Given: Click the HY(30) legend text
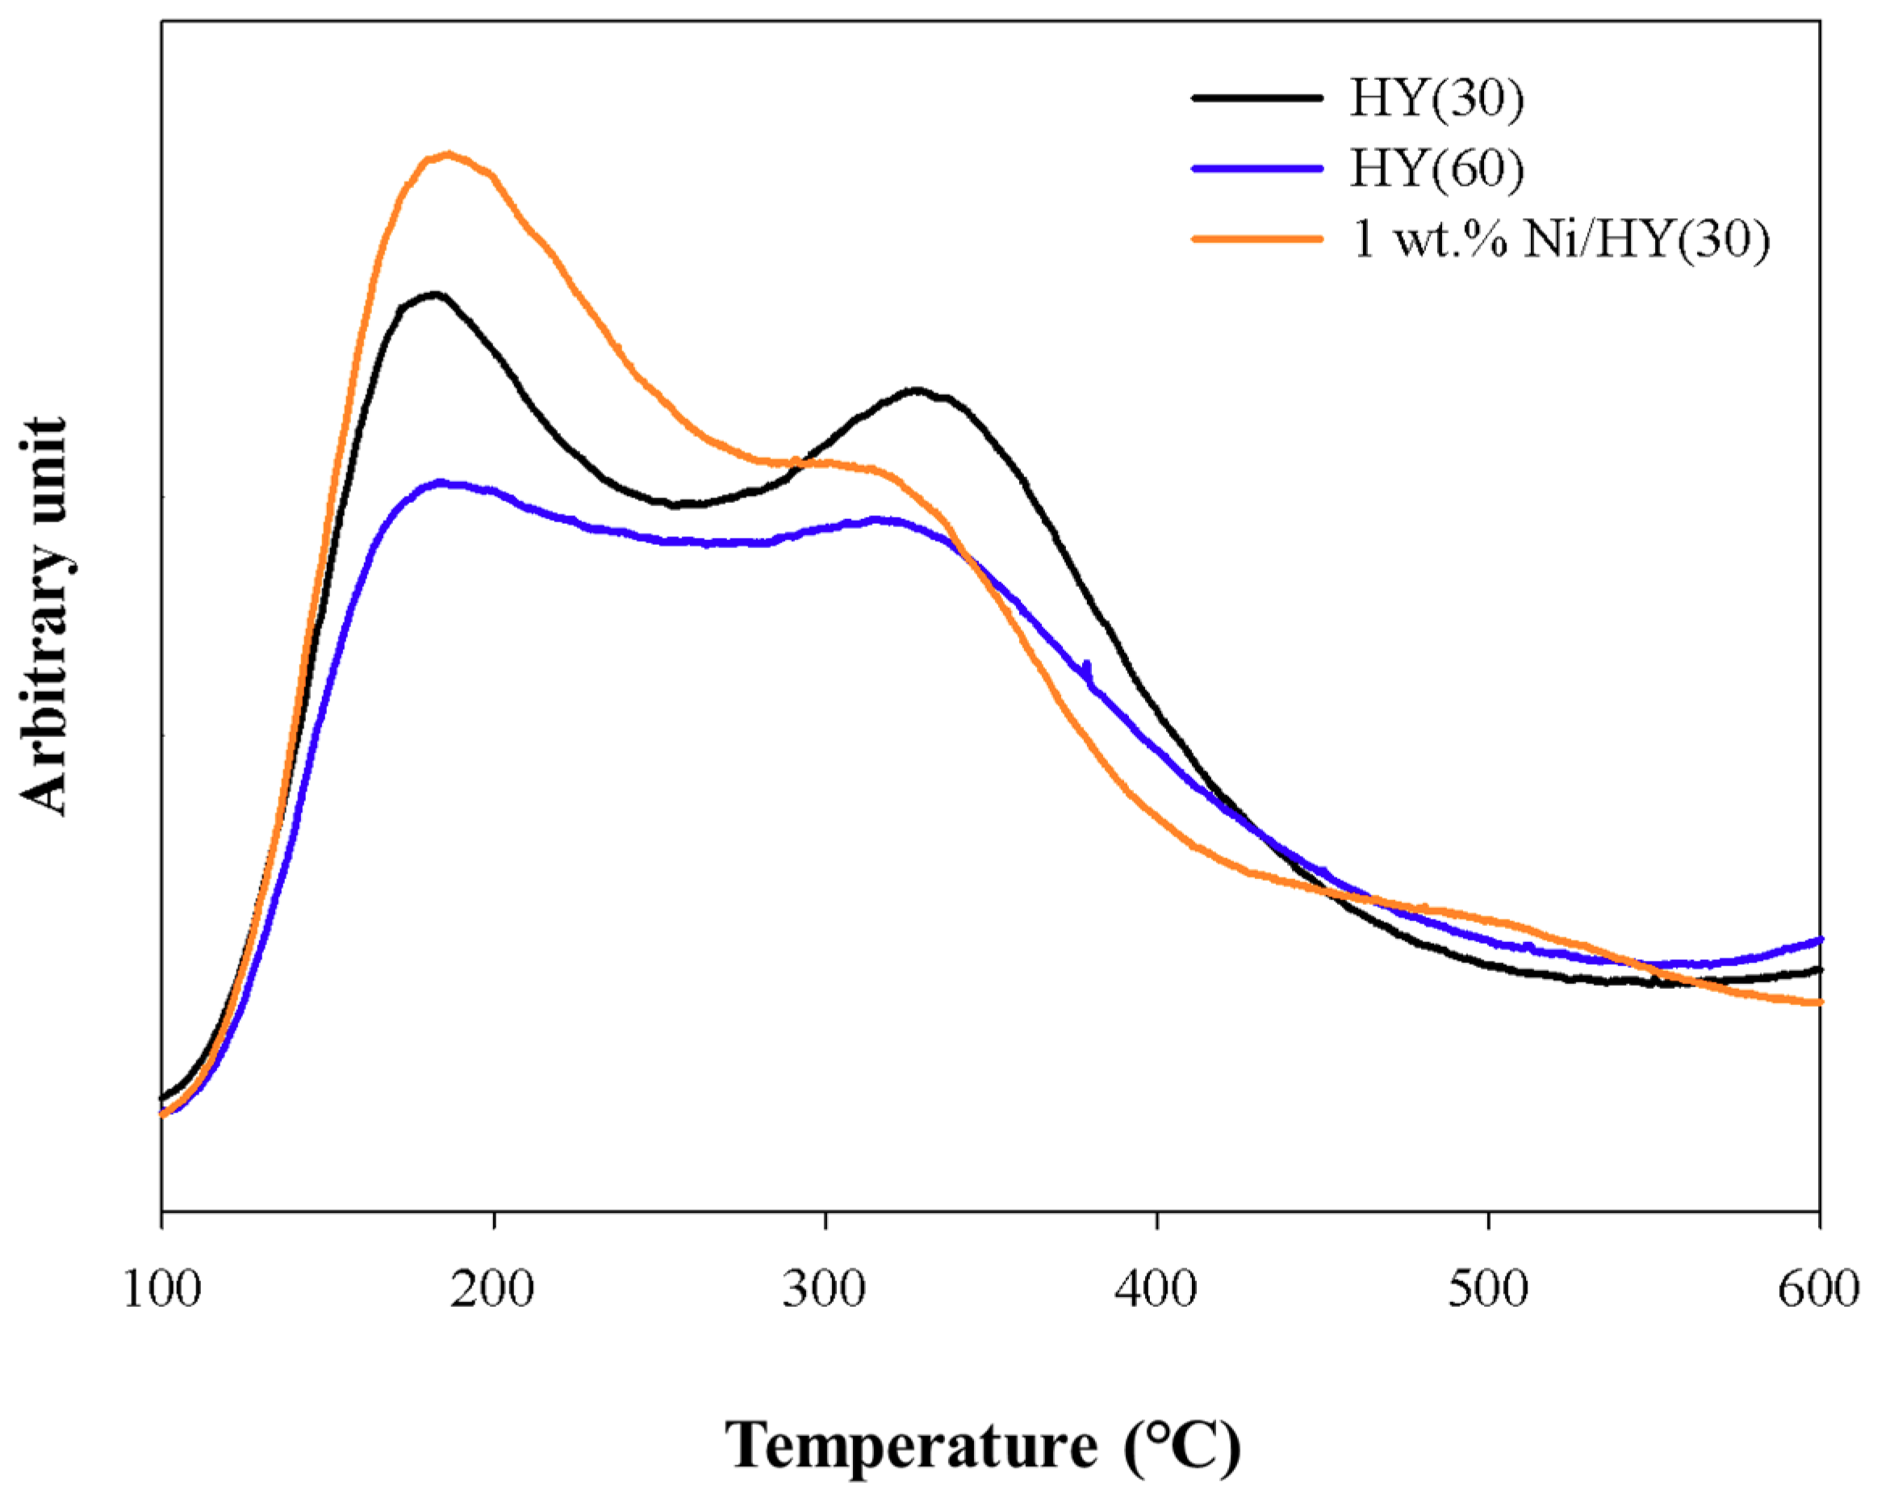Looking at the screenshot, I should pos(1436,98).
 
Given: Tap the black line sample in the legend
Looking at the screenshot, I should pos(1257,98).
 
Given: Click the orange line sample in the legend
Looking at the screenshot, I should pos(1257,239).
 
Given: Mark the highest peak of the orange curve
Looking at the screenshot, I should pos(449,155).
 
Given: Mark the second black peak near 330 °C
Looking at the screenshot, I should pos(916,390).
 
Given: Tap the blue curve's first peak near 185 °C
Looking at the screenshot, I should pos(442,482).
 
